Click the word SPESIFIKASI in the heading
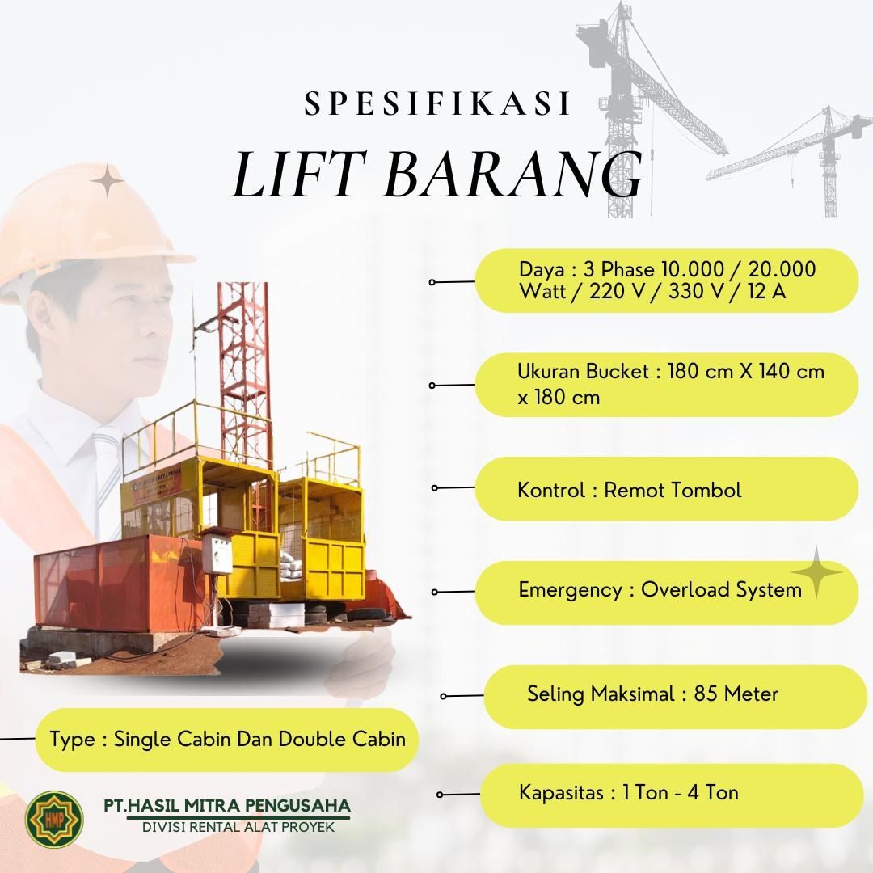click(437, 105)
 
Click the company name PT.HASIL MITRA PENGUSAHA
click(227, 806)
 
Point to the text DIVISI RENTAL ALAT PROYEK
click(238, 827)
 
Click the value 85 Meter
click(736, 694)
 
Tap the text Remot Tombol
click(673, 490)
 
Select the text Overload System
click(721, 589)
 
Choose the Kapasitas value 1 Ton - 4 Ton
click(680, 792)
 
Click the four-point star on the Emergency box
click(816, 572)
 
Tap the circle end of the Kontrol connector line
click(435, 488)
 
